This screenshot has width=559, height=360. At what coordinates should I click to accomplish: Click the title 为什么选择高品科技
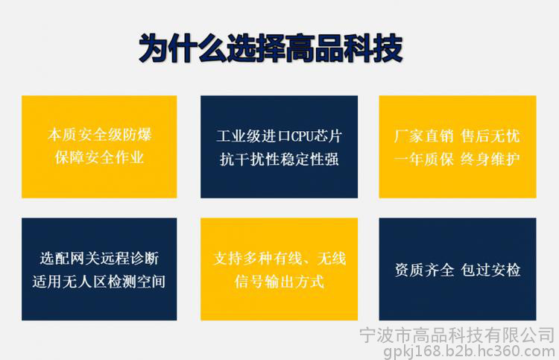[271, 48]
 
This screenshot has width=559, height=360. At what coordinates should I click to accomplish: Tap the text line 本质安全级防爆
[99, 135]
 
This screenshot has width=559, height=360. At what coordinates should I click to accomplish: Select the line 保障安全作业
[99, 157]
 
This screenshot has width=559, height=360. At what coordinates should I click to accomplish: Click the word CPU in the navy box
[302, 136]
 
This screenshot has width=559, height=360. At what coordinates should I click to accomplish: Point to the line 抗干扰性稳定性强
[279, 159]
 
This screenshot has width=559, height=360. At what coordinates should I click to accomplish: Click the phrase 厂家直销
[424, 136]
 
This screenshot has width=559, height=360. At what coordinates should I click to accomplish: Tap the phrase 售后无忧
[490, 136]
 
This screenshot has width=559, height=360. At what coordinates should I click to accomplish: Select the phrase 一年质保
[424, 159]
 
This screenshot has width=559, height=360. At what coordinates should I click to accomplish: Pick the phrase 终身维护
[490, 159]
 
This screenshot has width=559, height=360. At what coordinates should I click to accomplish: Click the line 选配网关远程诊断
[99, 259]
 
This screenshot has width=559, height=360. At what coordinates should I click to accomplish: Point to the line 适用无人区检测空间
[99, 281]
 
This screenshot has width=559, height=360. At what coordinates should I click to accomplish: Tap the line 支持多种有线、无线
[279, 259]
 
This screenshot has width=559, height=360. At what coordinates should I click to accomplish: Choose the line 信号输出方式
[279, 281]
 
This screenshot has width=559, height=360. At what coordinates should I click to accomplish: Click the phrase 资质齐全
[424, 270]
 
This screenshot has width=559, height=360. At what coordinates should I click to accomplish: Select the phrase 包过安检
[490, 270]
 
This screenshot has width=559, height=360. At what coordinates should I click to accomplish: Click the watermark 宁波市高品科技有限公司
[457, 335]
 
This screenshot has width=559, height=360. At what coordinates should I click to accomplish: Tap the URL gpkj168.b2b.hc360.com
[469, 352]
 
